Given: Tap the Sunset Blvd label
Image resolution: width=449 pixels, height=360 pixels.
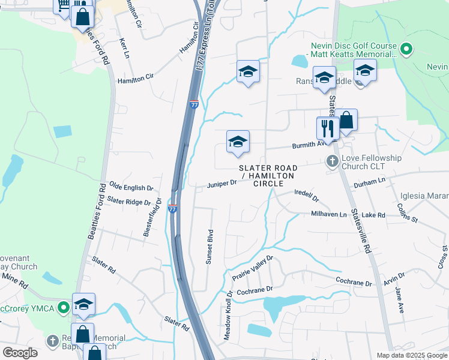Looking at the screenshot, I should pos(210,241).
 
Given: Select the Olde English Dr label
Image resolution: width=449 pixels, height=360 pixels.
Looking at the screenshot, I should pos(131,188).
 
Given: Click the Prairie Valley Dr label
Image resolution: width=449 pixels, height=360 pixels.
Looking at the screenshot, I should pos(253,269).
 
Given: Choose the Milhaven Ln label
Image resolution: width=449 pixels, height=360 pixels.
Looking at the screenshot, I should pos(329,214).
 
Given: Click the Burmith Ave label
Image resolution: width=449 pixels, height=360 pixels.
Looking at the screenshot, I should pos(309,144).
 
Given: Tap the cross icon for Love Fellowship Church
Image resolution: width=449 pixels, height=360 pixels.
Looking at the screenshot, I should pos(331,161).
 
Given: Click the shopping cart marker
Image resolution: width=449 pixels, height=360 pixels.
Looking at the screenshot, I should pos(63,5).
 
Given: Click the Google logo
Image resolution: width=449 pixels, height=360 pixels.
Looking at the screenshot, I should pos(20,353).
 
